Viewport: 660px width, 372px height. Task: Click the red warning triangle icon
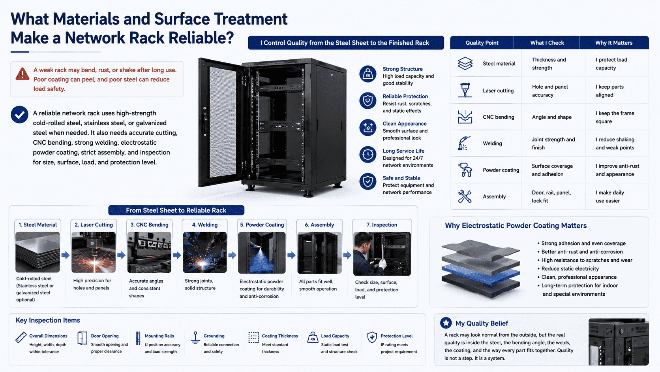(22, 74)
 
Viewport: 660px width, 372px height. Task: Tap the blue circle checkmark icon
(19, 115)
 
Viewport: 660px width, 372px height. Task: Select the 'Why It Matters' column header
(614, 43)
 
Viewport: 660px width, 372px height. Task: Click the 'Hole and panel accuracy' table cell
(550, 91)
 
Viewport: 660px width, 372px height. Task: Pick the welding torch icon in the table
(464, 144)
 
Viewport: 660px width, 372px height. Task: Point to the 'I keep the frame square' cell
(615, 117)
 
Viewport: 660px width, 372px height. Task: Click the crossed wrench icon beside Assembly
(465, 196)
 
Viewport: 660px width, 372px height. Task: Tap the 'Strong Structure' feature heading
(403, 69)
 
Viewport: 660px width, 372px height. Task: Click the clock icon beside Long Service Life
(368, 155)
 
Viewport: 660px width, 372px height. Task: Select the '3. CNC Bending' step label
(149, 225)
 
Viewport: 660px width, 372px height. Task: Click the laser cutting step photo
(94, 252)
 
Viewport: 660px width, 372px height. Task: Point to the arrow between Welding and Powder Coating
(232, 255)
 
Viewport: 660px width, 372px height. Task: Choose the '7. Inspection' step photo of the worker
(382, 254)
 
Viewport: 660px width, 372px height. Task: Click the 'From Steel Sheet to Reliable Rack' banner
(176, 210)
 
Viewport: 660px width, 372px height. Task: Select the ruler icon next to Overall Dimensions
(21, 337)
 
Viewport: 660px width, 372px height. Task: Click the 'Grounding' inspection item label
(214, 336)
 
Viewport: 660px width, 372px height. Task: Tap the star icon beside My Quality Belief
(446, 323)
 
